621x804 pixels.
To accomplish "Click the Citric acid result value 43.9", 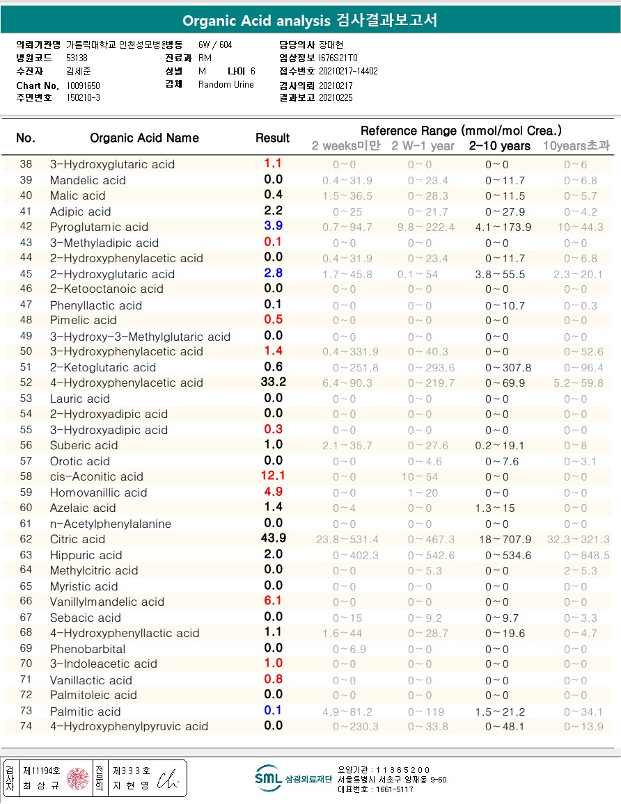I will (273, 539).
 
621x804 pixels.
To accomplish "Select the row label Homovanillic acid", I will (98, 492).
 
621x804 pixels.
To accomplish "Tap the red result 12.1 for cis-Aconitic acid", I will (273, 476).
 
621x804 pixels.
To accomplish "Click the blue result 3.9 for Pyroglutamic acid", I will (273, 227).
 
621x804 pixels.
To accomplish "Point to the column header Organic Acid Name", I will (144, 138).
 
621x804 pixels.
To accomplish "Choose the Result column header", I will (273, 138).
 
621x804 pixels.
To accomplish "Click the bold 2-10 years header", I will (499, 146).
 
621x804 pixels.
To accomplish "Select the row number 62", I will (26, 539).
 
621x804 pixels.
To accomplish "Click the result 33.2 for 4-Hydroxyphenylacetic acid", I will (273, 383).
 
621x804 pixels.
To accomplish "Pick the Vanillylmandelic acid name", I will (107, 602).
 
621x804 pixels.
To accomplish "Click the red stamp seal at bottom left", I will (78, 778).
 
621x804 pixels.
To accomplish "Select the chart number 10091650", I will (83, 85).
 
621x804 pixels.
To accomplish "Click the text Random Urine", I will (226, 85).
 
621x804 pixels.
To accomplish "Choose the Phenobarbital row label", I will (88, 649).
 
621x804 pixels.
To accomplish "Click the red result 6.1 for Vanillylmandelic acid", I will (273, 602).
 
